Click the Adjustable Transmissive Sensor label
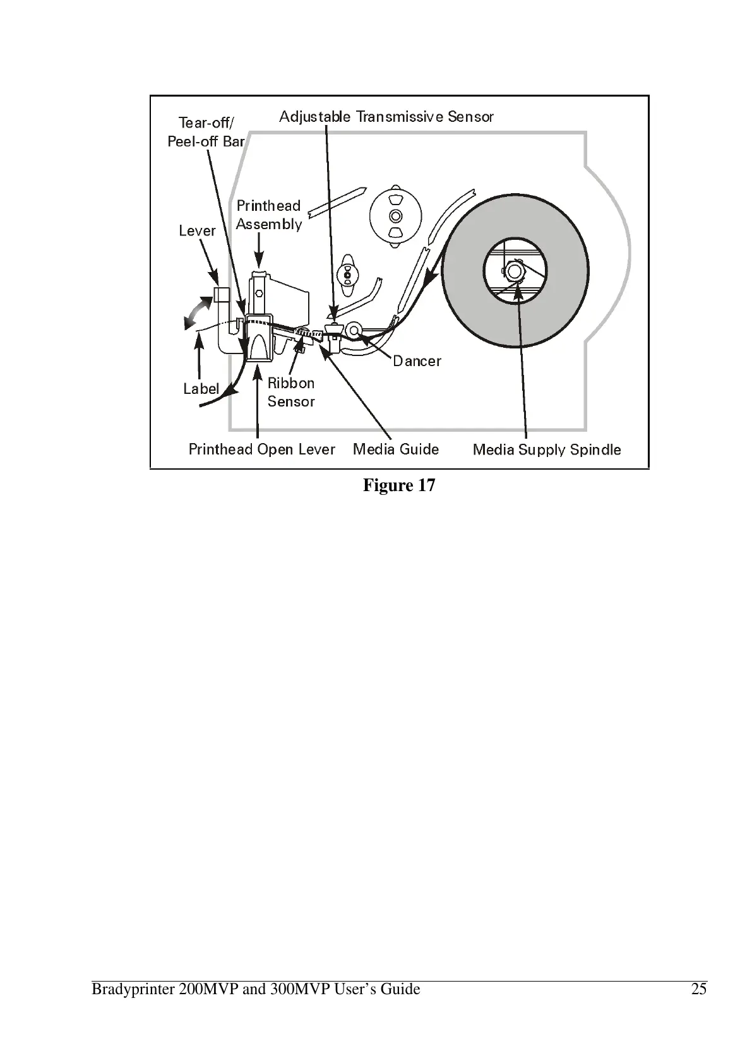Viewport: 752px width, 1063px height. [x=386, y=117]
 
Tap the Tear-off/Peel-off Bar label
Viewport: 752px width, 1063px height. [x=206, y=132]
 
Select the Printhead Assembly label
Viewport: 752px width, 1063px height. [x=268, y=215]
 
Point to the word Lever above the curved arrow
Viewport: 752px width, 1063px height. [x=197, y=231]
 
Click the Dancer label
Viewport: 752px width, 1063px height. [x=417, y=361]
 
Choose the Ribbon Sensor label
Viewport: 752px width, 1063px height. [x=291, y=392]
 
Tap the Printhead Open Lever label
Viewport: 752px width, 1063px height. [x=261, y=449]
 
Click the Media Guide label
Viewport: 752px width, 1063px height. [x=396, y=449]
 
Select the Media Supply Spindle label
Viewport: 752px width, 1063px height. [x=547, y=450]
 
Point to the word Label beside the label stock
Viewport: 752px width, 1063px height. [x=201, y=389]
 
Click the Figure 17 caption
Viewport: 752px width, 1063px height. [x=399, y=485]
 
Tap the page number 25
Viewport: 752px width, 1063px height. [x=699, y=989]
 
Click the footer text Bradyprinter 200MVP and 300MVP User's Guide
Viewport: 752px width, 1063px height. [x=256, y=989]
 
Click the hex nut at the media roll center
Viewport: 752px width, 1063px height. [x=515, y=271]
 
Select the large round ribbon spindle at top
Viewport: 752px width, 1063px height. [x=395, y=216]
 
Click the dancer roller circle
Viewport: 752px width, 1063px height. [x=354, y=330]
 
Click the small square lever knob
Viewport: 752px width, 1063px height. [x=221, y=295]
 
